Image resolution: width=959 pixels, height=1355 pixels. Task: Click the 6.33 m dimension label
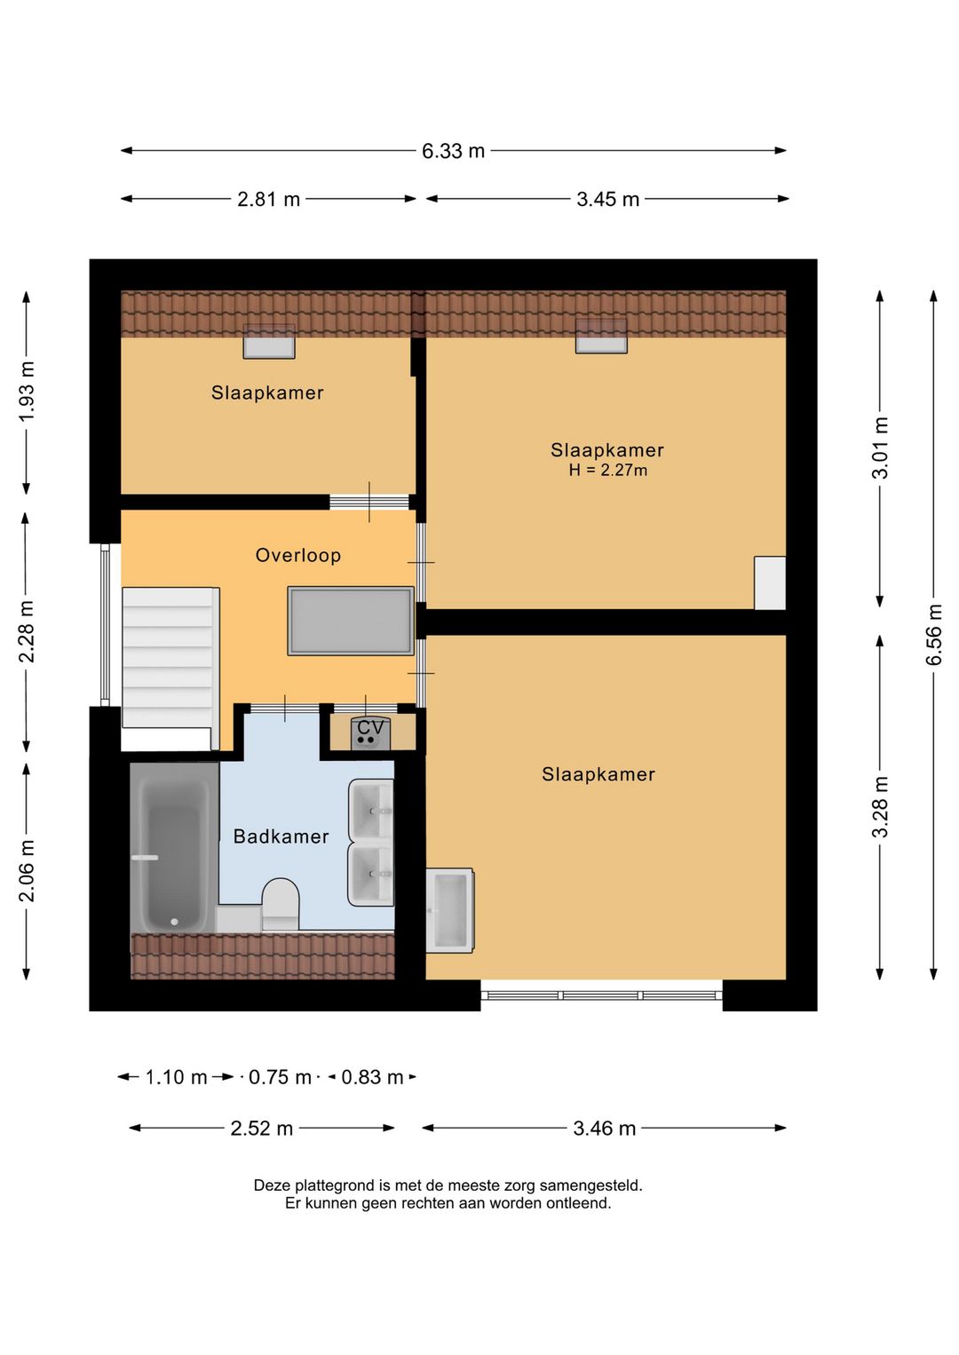tap(453, 151)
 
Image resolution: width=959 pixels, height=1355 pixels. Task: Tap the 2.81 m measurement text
tap(269, 199)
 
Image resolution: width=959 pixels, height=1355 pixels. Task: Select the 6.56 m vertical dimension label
tap(933, 634)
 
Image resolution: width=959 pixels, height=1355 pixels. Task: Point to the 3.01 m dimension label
tap(880, 448)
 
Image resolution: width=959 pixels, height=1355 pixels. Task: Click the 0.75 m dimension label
tap(280, 1077)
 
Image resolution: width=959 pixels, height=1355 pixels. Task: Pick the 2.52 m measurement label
tap(261, 1129)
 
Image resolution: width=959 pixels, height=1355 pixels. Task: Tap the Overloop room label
tap(298, 555)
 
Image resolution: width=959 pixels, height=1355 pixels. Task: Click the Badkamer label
tap(281, 836)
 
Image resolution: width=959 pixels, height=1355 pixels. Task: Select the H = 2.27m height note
tap(607, 470)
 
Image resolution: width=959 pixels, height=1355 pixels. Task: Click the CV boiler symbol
tap(370, 733)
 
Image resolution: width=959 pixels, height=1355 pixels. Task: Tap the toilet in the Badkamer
tap(281, 904)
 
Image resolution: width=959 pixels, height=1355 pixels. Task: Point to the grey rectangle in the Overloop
tap(351, 621)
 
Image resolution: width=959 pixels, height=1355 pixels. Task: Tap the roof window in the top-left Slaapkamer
tap(269, 341)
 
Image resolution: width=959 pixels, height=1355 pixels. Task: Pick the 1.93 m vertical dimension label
tap(26, 392)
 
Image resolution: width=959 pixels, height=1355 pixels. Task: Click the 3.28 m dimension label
tap(880, 807)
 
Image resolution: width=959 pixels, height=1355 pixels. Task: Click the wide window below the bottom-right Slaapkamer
tap(601, 995)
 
